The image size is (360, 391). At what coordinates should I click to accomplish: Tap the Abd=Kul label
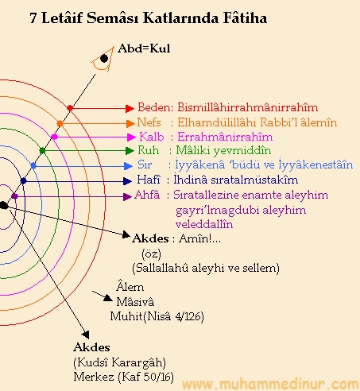[144, 48]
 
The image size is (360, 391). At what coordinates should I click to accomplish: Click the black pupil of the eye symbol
[104, 58]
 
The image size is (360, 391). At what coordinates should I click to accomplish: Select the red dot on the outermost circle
[70, 108]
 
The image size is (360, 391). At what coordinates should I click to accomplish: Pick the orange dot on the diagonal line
[60, 123]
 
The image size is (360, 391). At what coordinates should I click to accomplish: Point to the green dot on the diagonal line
[42, 151]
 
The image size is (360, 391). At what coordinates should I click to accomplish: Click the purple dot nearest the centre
[14, 196]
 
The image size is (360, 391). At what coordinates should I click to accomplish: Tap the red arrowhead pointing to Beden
[130, 108]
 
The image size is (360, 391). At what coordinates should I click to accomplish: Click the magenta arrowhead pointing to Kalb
[131, 137]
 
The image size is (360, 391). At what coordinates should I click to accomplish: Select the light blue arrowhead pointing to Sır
[128, 166]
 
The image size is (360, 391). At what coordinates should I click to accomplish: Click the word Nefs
[149, 122]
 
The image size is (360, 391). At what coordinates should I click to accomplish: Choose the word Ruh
[149, 150]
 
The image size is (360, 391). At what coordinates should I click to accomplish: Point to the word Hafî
[149, 180]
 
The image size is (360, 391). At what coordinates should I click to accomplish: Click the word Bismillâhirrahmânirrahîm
[247, 107]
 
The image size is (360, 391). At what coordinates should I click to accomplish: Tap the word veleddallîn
[204, 224]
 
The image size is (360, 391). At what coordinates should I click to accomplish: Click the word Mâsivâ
[135, 302]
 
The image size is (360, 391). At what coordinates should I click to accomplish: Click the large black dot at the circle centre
[4, 205]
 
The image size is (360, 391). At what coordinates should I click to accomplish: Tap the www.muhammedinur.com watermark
[270, 384]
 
